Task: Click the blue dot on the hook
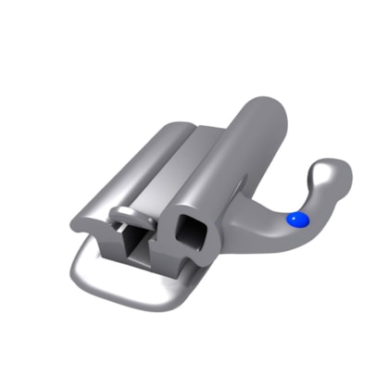coord(296,220)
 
